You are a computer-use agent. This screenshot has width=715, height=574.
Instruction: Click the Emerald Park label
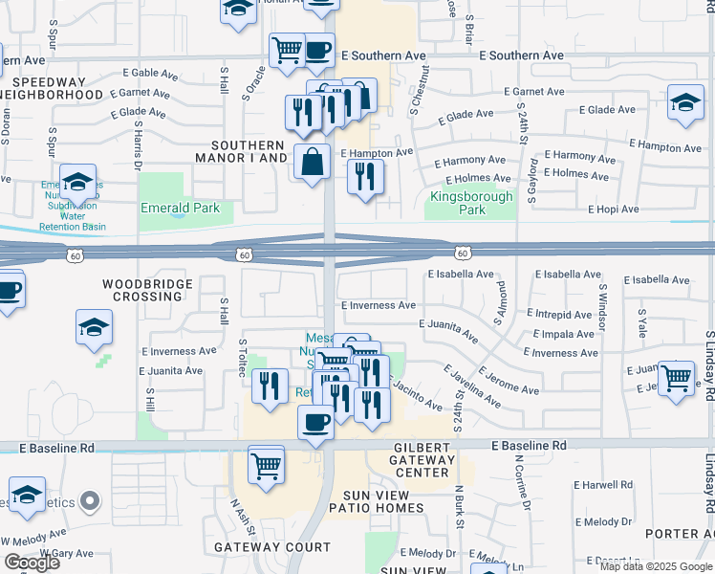point(180,208)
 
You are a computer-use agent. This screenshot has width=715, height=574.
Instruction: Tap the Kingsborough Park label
point(471,203)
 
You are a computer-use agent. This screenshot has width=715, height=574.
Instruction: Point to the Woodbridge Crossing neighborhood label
point(148,290)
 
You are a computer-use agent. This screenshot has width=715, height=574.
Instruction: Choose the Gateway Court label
point(271,548)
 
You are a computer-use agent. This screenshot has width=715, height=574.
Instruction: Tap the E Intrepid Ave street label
point(558,315)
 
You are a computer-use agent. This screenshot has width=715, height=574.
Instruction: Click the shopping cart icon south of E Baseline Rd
point(267,464)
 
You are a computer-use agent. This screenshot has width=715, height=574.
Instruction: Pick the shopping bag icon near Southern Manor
point(313,162)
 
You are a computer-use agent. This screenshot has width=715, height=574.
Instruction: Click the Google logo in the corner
point(32,563)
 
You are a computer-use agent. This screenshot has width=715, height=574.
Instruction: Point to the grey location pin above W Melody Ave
point(91,499)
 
